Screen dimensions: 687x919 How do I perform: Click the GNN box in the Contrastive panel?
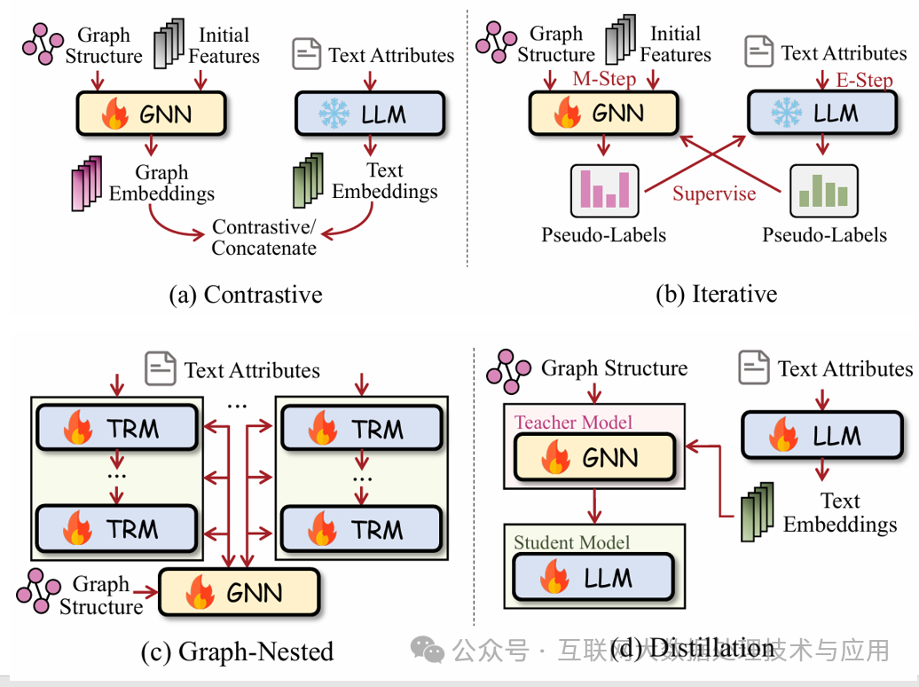click(x=152, y=114)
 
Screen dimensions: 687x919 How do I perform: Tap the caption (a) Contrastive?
click(x=245, y=295)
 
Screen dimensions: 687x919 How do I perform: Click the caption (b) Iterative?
click(x=716, y=295)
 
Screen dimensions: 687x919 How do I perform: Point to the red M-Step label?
click(x=604, y=79)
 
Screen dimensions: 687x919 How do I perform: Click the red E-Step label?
click(x=864, y=81)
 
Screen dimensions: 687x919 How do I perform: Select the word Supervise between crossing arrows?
click(x=714, y=193)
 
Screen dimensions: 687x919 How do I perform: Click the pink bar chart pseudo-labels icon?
click(x=603, y=190)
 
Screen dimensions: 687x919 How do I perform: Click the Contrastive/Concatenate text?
click(x=264, y=238)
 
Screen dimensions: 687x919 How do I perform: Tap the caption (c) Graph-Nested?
click(x=237, y=652)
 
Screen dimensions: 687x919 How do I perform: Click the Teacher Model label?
click(x=573, y=422)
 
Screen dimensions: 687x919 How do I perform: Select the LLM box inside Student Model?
click(x=593, y=578)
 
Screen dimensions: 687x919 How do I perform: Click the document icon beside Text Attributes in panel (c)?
click(x=161, y=368)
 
